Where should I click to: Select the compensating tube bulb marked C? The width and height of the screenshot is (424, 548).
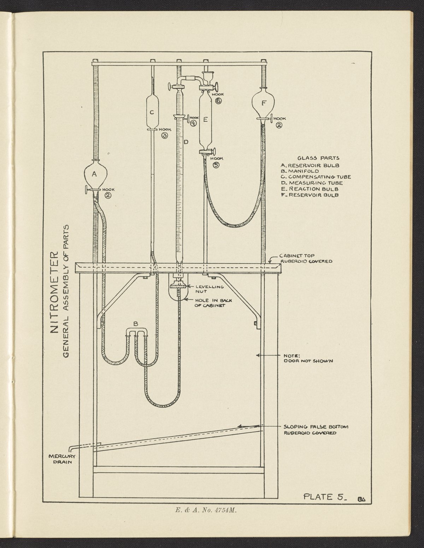pos(151,113)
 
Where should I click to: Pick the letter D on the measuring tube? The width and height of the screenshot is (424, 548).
pos(185,142)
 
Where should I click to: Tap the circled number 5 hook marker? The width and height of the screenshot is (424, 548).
pos(216,165)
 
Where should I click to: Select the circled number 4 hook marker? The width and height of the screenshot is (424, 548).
pos(193,123)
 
